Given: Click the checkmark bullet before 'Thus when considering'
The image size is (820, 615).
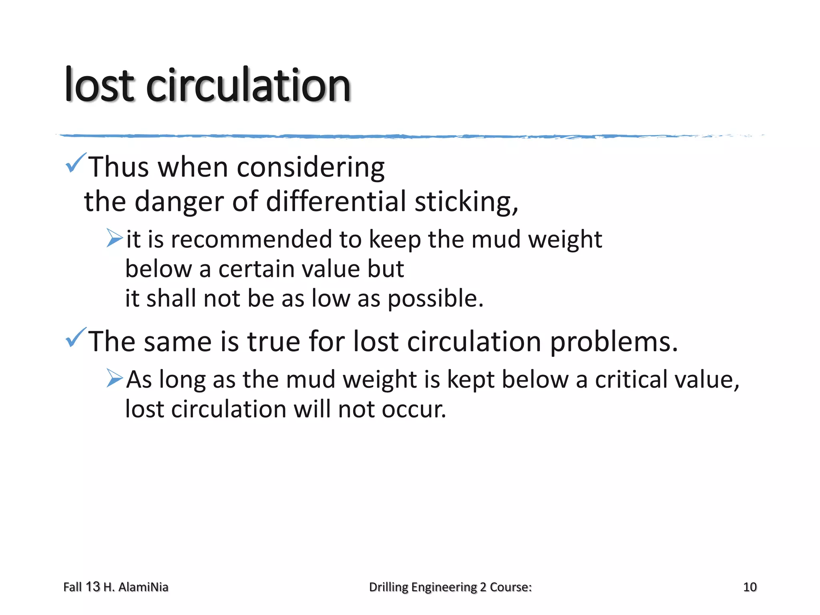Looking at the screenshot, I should coord(75,163).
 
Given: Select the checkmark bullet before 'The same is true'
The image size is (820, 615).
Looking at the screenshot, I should coord(75,338).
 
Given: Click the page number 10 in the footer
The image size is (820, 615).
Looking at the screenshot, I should coord(750,587).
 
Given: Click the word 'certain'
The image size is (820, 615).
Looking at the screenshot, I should coord(256,269).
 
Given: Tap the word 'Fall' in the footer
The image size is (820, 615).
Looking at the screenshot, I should coord(72,587).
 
